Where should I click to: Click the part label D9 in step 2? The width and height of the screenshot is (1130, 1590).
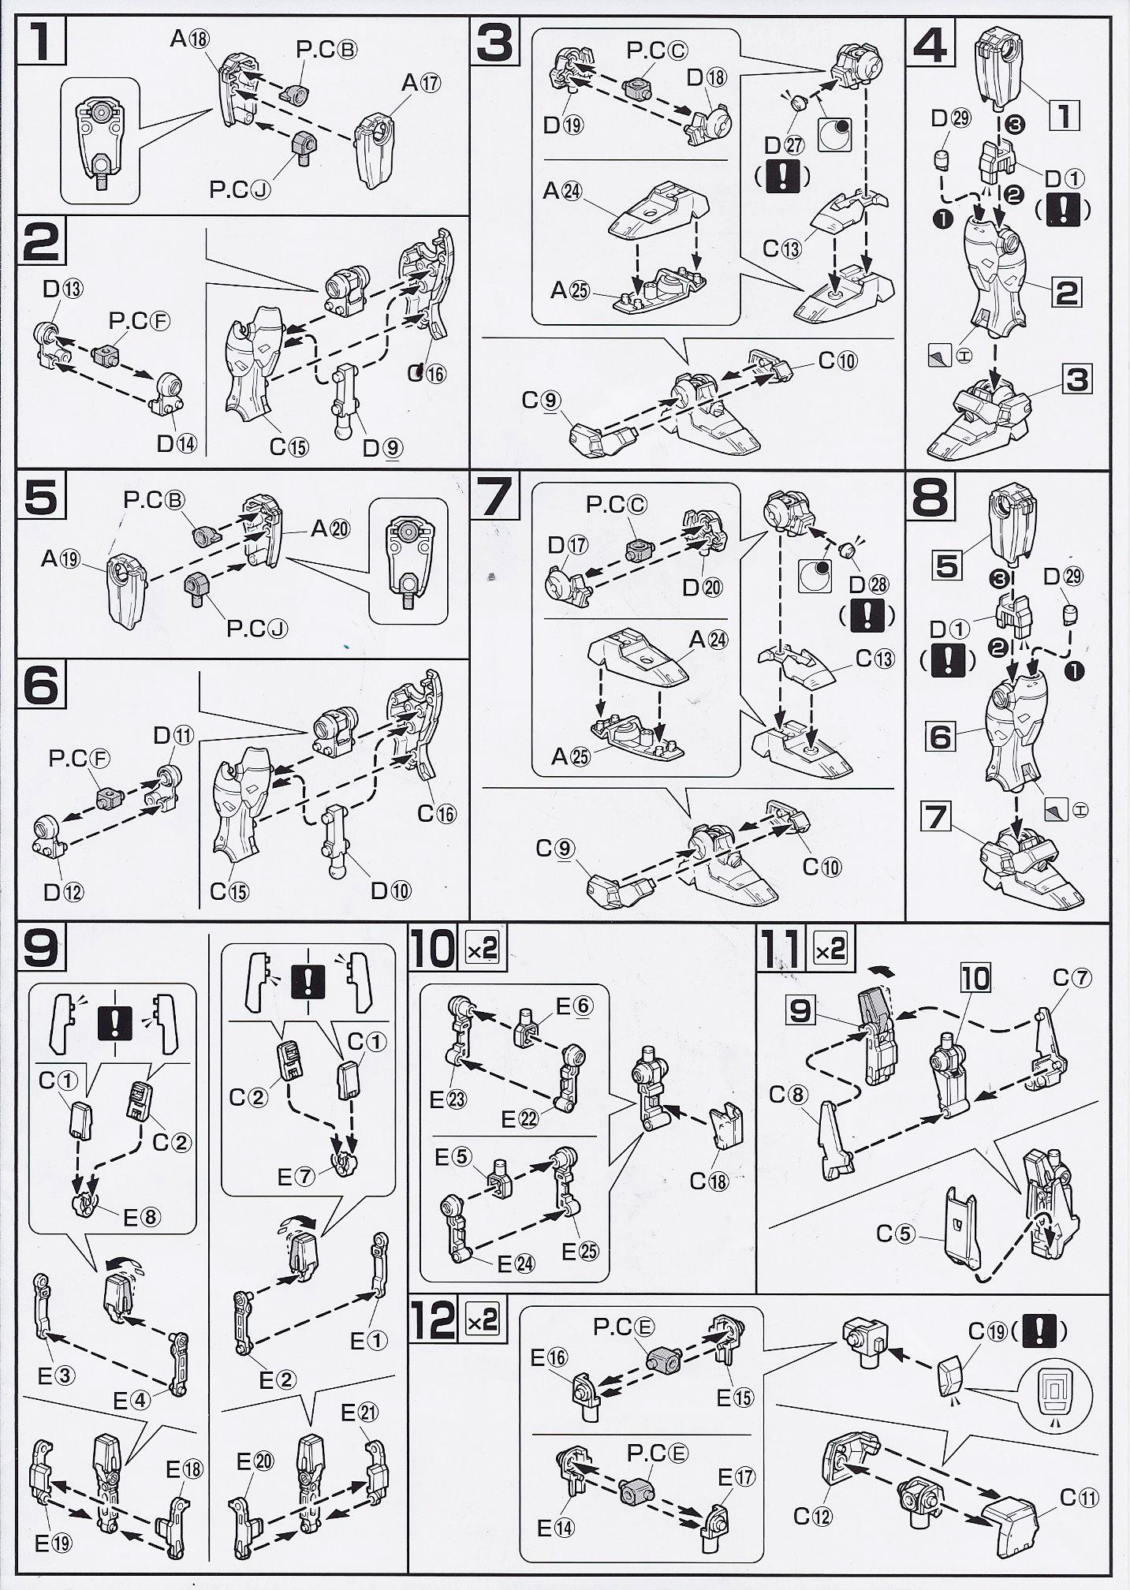pyautogui.click(x=382, y=447)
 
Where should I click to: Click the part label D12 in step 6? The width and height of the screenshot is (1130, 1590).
pyautogui.click(x=63, y=892)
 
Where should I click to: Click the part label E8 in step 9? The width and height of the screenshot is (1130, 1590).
pyautogui.click(x=142, y=1217)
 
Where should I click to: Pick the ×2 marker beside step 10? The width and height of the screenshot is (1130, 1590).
pyautogui.click(x=483, y=950)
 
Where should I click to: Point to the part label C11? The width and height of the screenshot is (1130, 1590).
pyautogui.click(x=1080, y=1496)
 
